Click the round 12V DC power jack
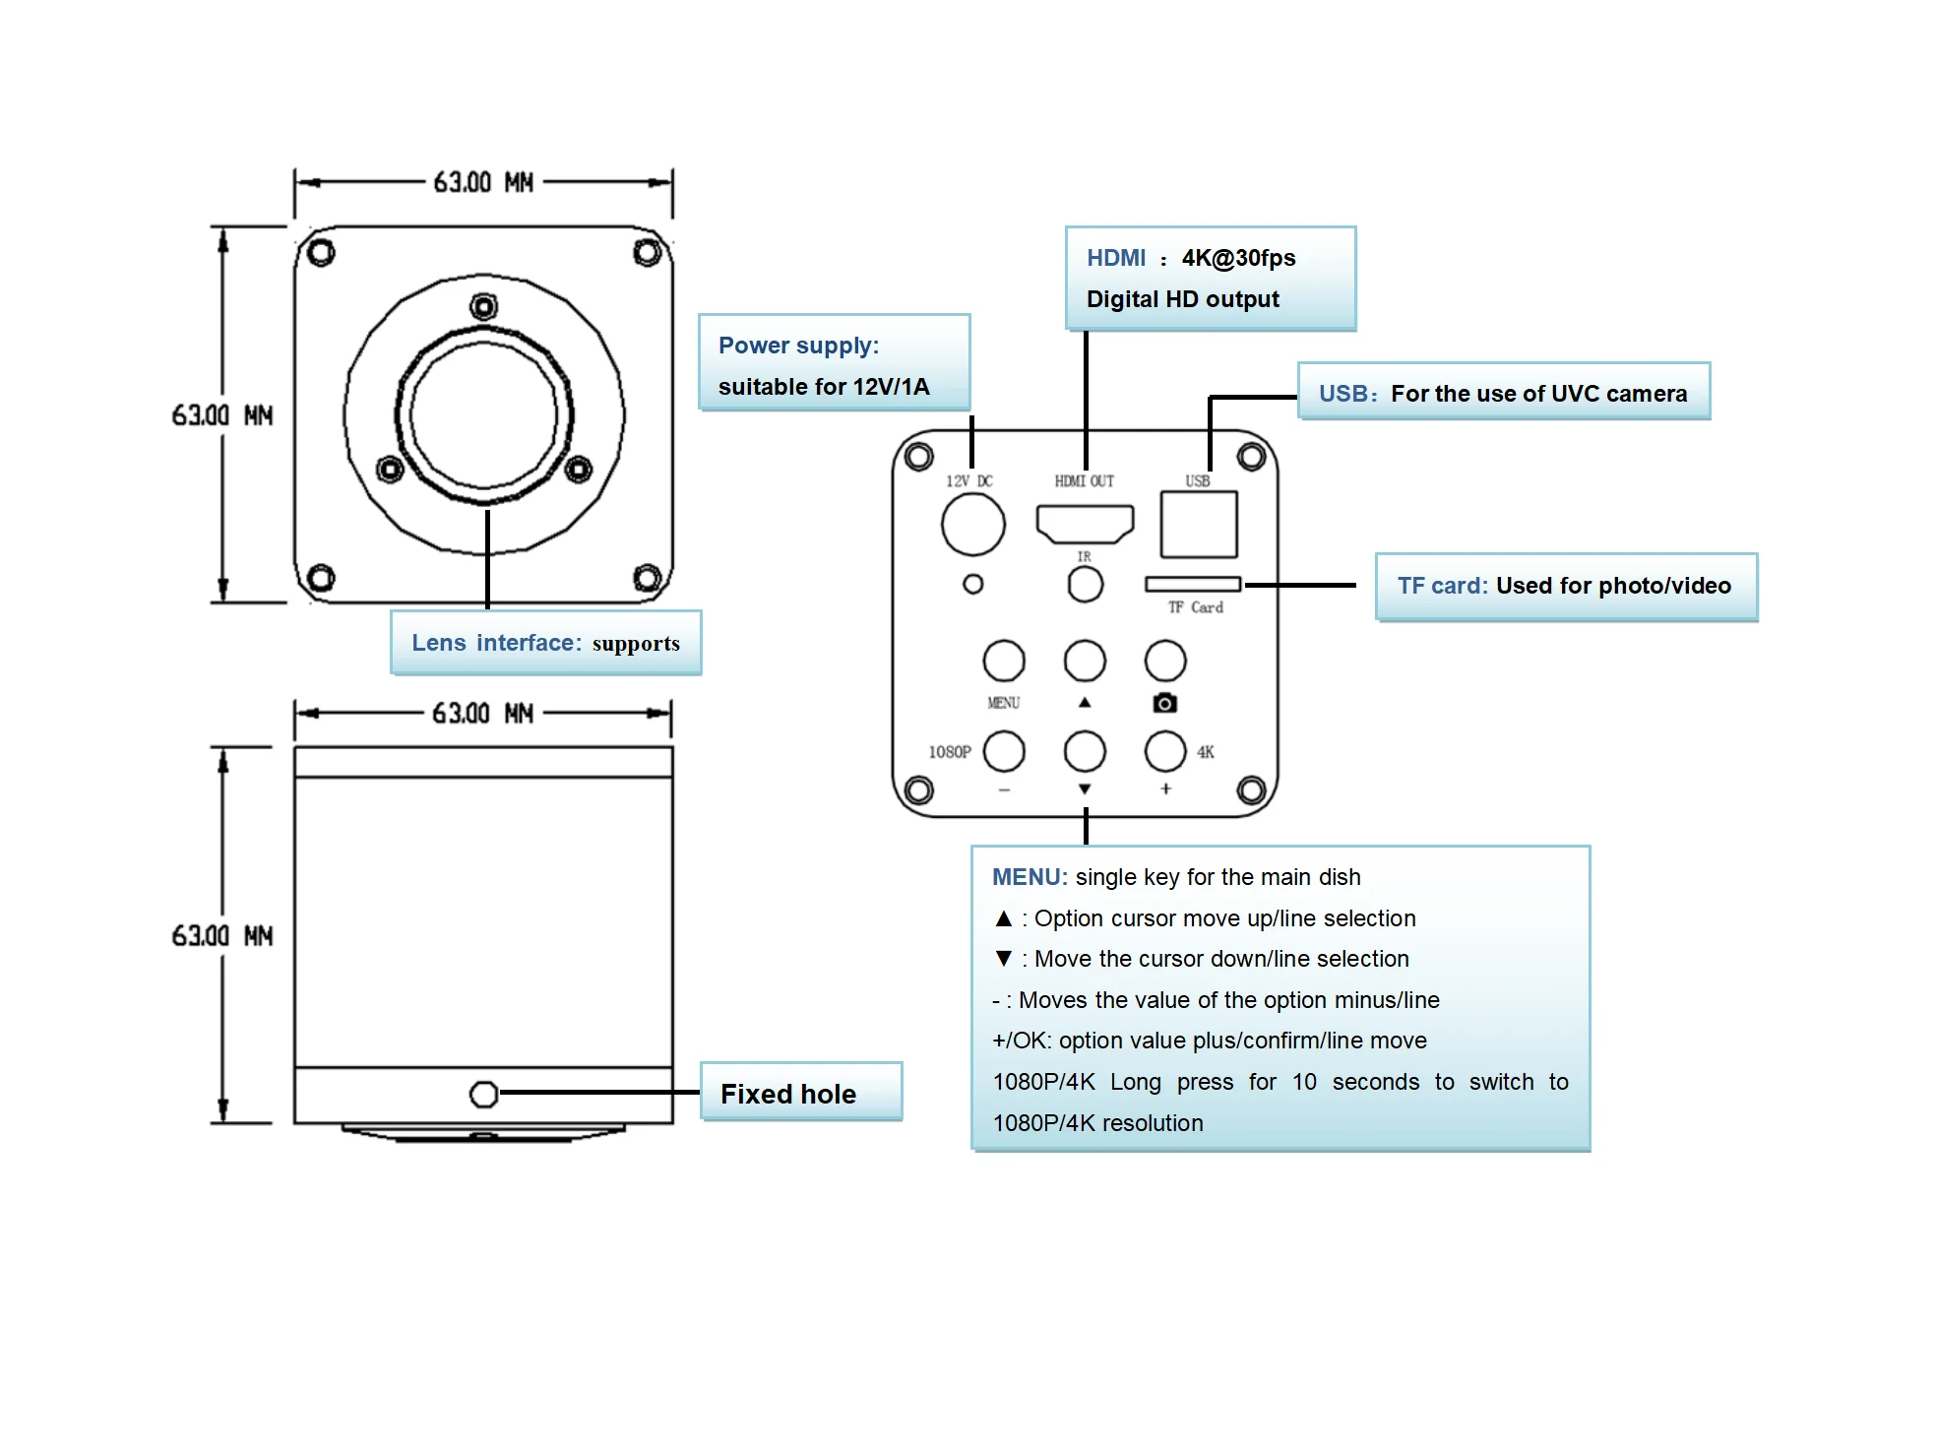[x=972, y=525]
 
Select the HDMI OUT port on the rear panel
[x=1085, y=523]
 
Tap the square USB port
[x=1199, y=525]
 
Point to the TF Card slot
[x=1193, y=585]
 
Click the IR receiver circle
[x=1086, y=585]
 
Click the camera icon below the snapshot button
[x=1165, y=703]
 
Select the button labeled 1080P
[x=1004, y=751]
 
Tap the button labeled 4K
[x=1165, y=751]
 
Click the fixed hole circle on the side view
[x=484, y=1094]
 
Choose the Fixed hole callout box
[x=800, y=1093]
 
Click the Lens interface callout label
[x=545, y=643]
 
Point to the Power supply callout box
[x=834, y=363]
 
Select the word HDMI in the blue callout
[x=1116, y=258]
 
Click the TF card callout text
[x=1565, y=587]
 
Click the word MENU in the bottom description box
[x=1029, y=877]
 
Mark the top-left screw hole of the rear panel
[x=919, y=457]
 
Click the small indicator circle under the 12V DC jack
[x=972, y=585]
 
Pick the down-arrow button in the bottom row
[x=1085, y=751]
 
